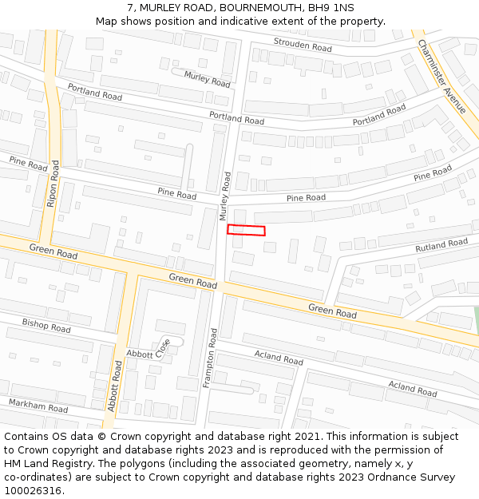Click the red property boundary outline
click(x=246, y=230)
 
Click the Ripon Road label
click(x=53, y=184)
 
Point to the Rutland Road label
click(x=441, y=246)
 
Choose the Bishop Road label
click(x=46, y=326)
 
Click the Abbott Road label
click(x=115, y=386)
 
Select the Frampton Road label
click(x=209, y=358)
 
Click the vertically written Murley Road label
click(x=225, y=196)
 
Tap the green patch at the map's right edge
click(x=476, y=319)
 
